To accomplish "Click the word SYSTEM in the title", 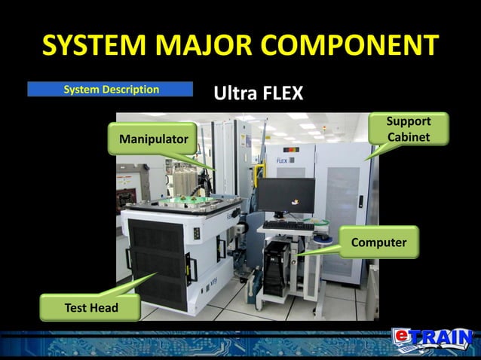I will coord(94,46).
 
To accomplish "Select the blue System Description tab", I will coord(110,90).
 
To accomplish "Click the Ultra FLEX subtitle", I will coord(259,94).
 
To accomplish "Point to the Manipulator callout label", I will coord(152,140).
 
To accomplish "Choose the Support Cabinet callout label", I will coord(409,130).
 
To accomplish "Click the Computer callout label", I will coord(378,243).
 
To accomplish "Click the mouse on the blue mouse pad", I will coord(322,234).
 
